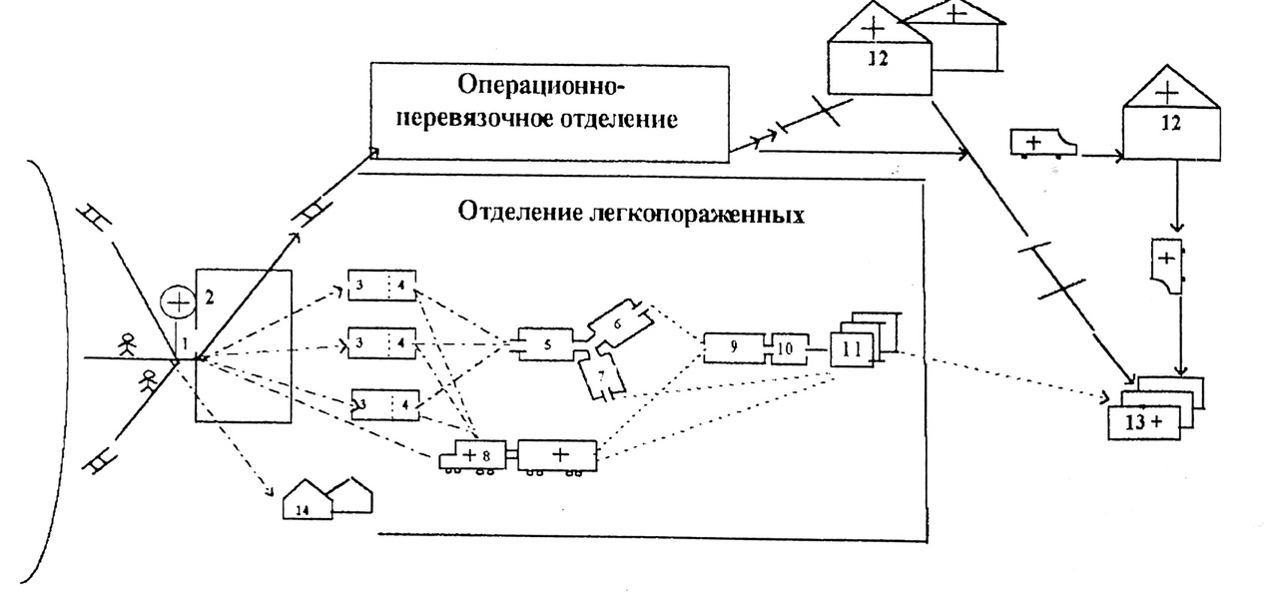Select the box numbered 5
point(546,346)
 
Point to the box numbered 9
point(734,348)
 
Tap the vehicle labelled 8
point(474,455)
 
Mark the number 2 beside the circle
point(209,297)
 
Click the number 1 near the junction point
point(183,344)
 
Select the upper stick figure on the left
point(126,346)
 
